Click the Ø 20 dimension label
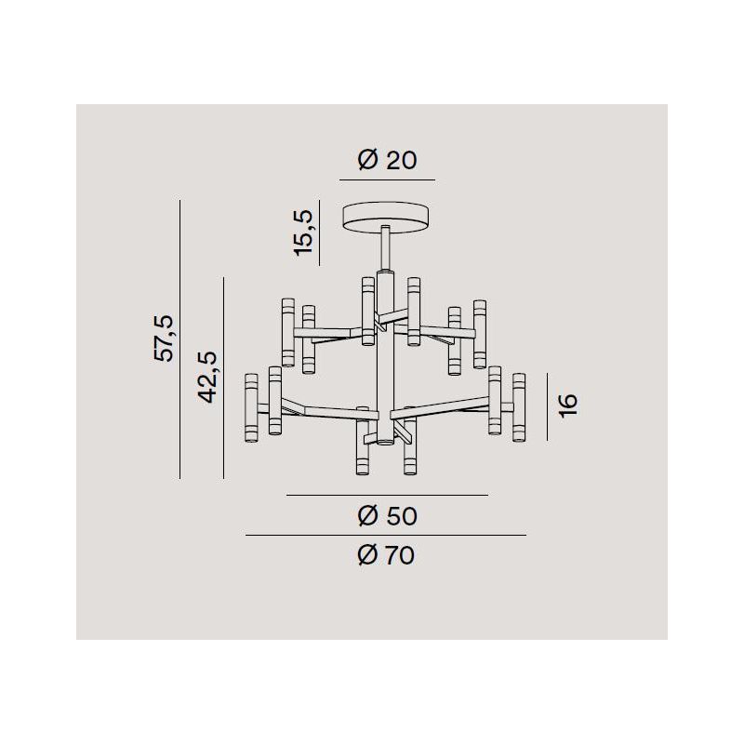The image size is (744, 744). pos(387,159)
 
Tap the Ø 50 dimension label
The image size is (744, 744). pos(387,516)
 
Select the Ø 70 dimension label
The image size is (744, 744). pos(386,555)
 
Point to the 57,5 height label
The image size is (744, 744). pos(165,339)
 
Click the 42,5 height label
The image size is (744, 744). pos(207,378)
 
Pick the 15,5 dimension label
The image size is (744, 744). pos(304,233)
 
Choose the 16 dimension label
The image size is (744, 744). pos(568,405)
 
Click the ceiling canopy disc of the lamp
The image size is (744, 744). pos(386,217)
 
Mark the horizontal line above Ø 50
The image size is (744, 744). pos(387,495)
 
